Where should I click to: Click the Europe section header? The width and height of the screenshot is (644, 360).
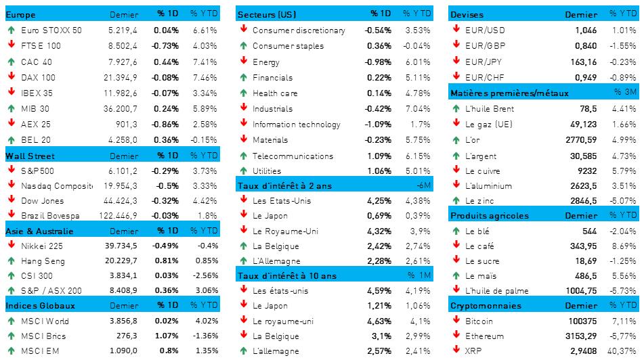pos(20,14)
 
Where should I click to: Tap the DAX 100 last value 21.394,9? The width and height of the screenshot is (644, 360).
pos(121,77)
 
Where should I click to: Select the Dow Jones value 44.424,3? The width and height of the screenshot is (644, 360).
pos(121,200)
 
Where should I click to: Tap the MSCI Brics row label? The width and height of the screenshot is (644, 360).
pos(43,335)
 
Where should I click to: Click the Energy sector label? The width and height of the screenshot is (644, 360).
pos(266,62)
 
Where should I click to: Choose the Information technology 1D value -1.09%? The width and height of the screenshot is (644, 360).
pos(377,125)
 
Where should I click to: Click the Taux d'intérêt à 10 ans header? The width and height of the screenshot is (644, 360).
pos(287,276)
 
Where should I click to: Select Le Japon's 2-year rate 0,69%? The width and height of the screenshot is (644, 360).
pos(379,215)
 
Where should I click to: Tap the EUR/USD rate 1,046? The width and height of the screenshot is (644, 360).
pos(585,30)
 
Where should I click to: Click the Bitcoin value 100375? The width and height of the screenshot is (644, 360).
pos(582,320)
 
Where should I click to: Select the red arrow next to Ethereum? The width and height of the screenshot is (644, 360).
pos(456,336)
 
